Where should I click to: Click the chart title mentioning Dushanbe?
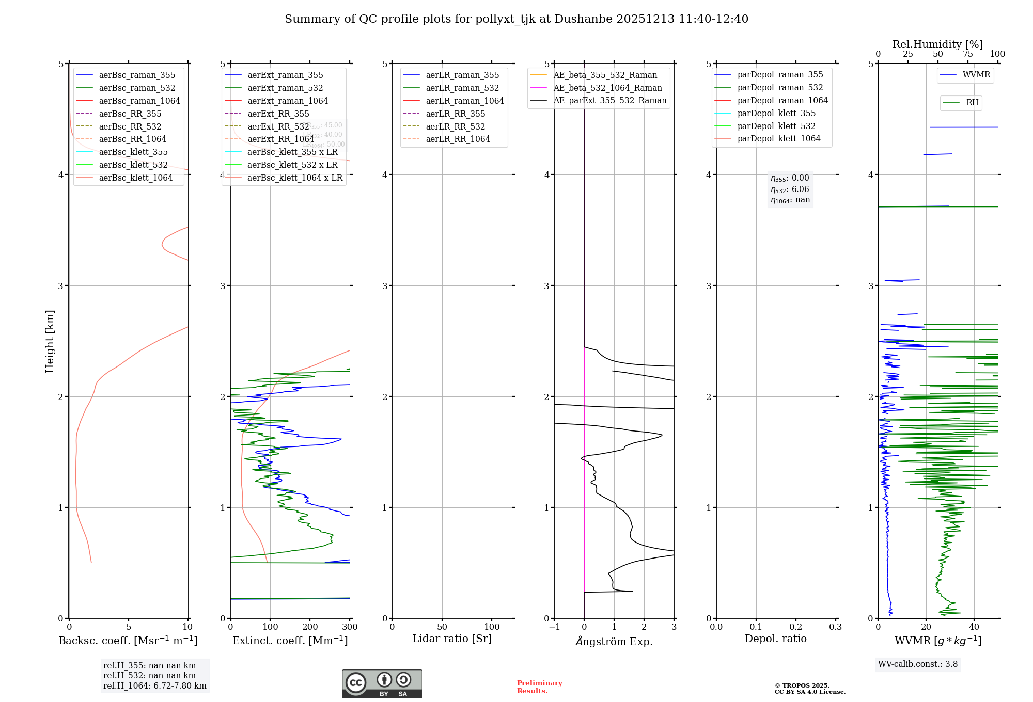click(x=516, y=19)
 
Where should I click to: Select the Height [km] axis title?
click(x=50, y=341)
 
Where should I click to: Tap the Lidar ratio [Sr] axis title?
click(x=452, y=639)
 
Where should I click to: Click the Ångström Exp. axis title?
click(x=614, y=641)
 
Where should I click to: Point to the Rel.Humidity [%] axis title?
click(x=937, y=44)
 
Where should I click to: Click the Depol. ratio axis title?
click(x=775, y=639)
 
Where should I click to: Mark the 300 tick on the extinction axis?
click(x=350, y=627)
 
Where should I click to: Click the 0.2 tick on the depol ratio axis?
click(x=796, y=627)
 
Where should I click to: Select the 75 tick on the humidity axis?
click(x=967, y=54)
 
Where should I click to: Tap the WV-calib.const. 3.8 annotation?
click(x=918, y=664)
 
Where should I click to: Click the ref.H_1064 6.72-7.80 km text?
click(x=154, y=685)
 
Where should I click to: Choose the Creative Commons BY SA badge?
click(x=382, y=683)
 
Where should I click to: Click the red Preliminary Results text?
click(x=539, y=687)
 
